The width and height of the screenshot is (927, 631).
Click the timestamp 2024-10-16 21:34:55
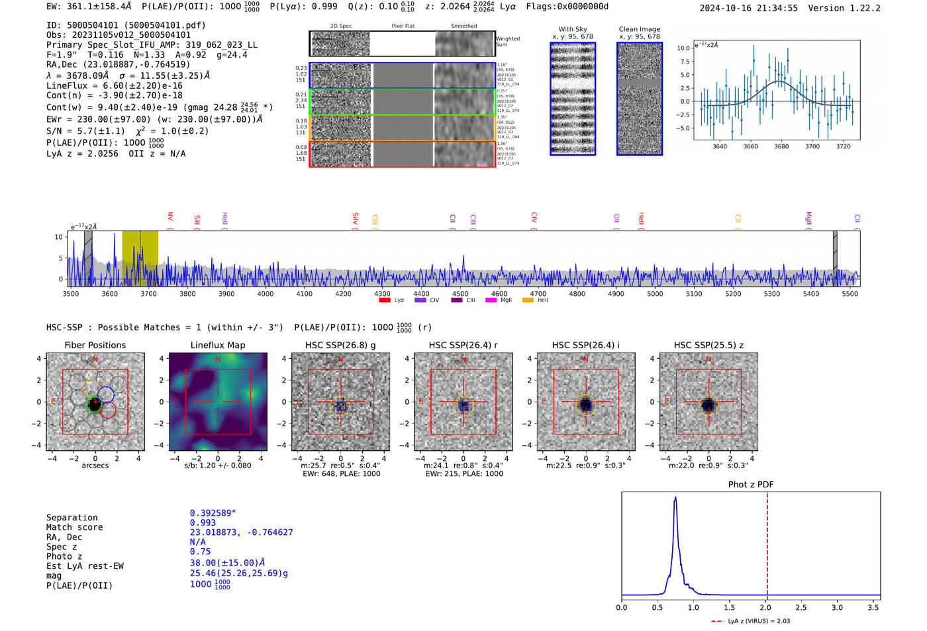pos(748,8)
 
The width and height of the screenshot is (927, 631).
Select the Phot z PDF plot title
pos(750,485)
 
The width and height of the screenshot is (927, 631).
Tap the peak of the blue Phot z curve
pos(675,497)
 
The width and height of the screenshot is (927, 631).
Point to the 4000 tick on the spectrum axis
pos(266,293)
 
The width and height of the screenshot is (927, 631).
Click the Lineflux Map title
pos(217,345)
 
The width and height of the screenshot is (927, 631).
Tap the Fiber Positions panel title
pos(95,345)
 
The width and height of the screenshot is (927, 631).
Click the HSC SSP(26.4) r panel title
pos(463,345)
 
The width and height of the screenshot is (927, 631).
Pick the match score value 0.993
pos(203,522)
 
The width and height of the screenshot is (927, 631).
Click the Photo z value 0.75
pos(200,552)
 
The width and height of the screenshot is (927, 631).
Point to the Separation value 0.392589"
pos(213,513)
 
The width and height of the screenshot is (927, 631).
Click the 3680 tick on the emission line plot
pos(781,146)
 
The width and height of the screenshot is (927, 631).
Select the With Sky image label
pos(572,29)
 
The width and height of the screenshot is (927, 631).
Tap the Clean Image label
pos(639,29)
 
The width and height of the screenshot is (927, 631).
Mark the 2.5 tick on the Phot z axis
pos(801,607)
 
